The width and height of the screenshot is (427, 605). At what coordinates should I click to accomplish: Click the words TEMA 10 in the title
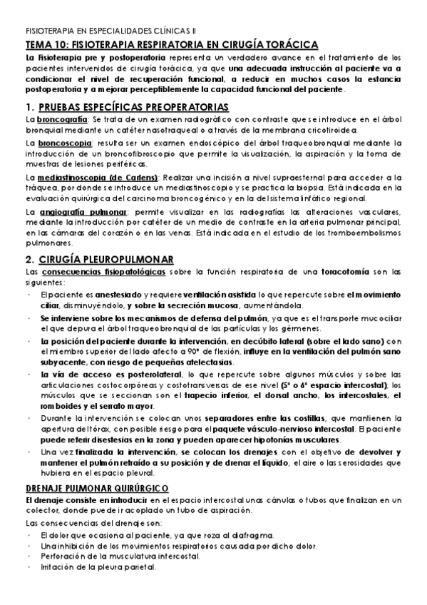45,44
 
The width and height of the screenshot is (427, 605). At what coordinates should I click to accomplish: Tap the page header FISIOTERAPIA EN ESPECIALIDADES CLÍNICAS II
109,32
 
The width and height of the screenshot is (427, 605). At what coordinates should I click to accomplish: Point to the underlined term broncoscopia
64,143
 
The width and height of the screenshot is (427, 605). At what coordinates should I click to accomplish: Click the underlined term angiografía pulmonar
84,212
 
